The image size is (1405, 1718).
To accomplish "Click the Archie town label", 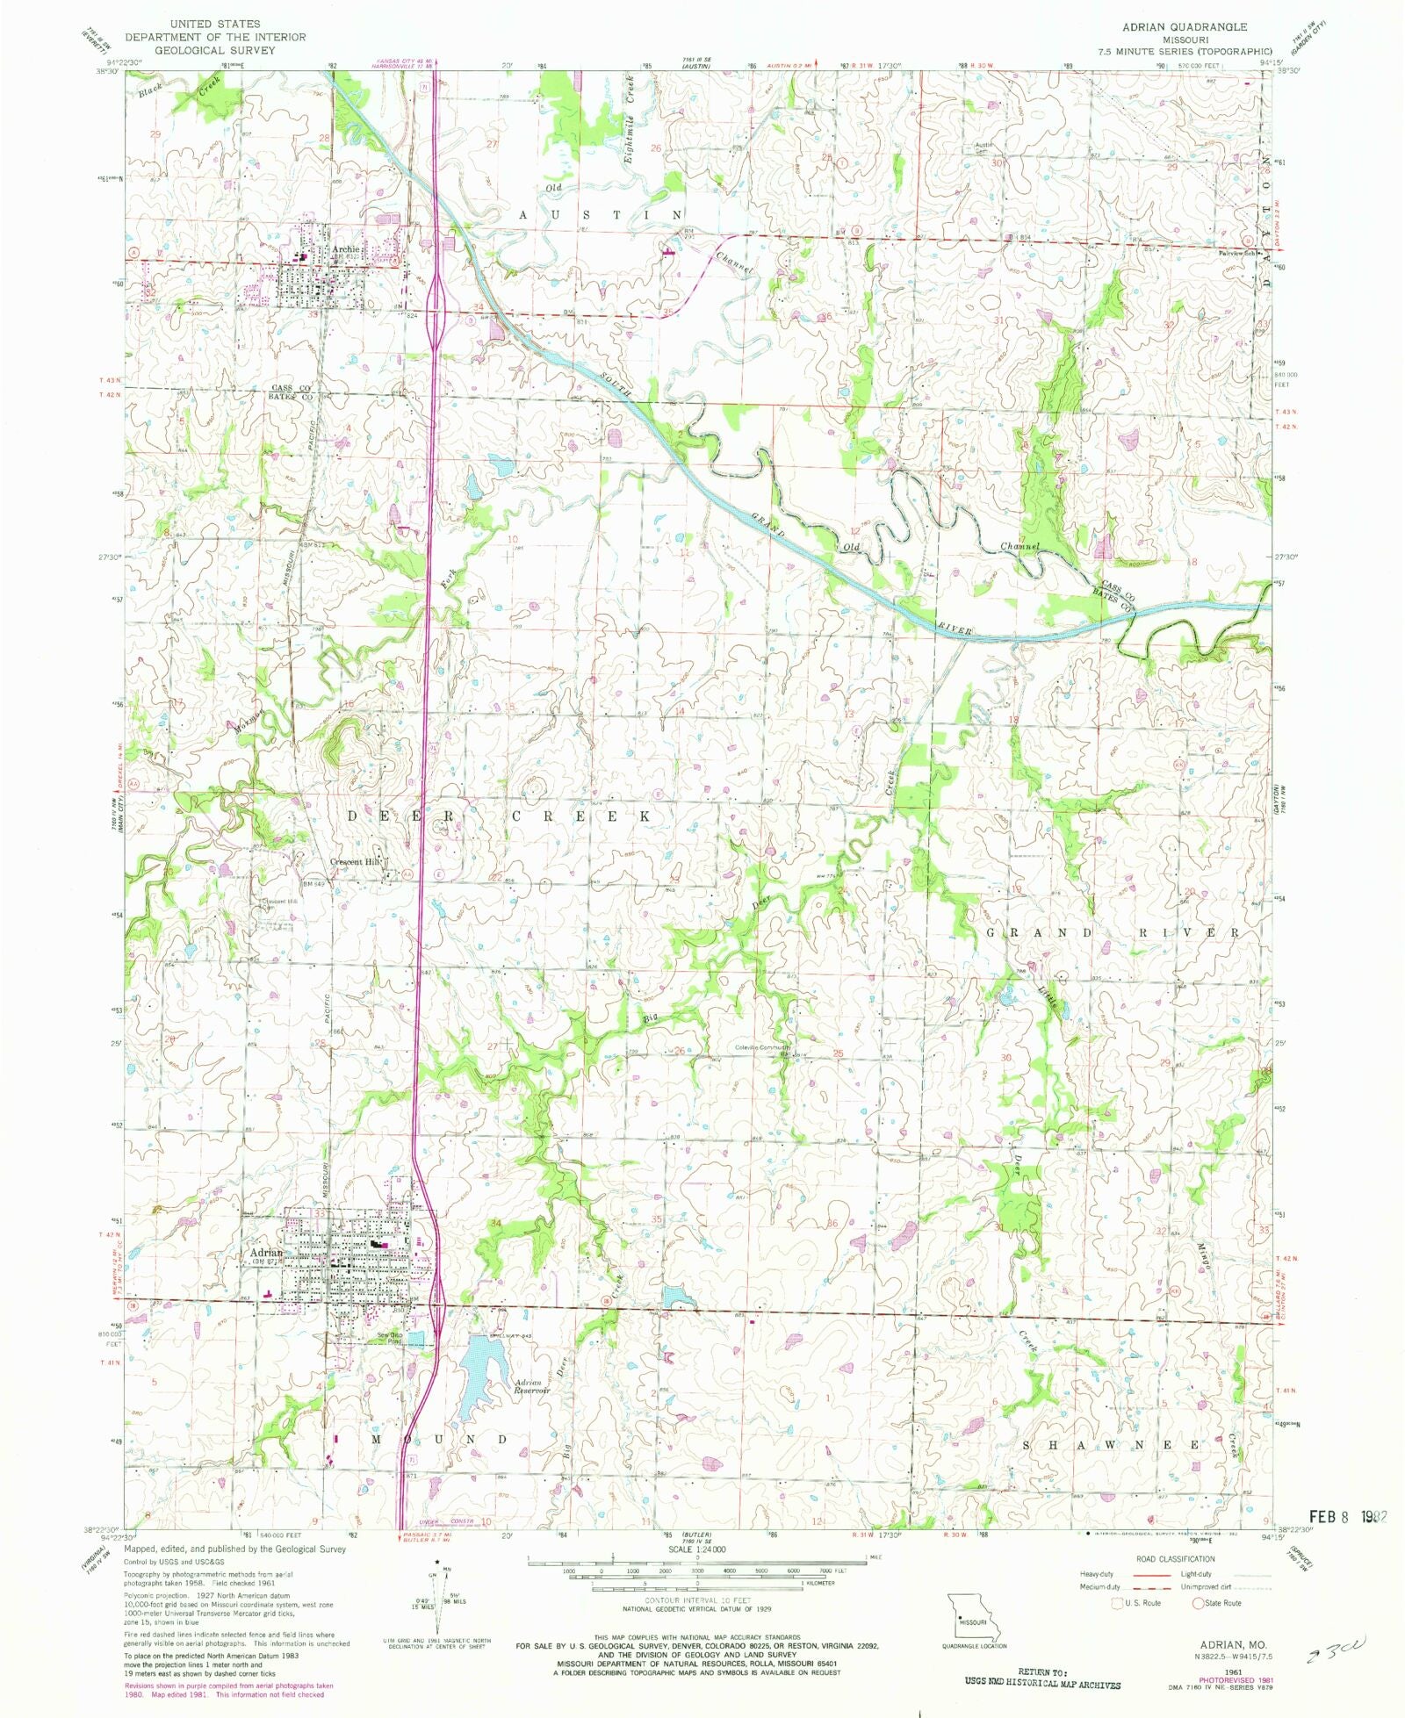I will coord(345,249).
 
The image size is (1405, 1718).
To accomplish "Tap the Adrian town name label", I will coord(266,1253).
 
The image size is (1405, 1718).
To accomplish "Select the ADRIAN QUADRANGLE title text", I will coord(1184,27).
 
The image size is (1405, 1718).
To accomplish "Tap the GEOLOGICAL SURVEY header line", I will coord(215,50).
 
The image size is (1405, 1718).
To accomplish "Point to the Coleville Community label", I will coord(762,1047).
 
